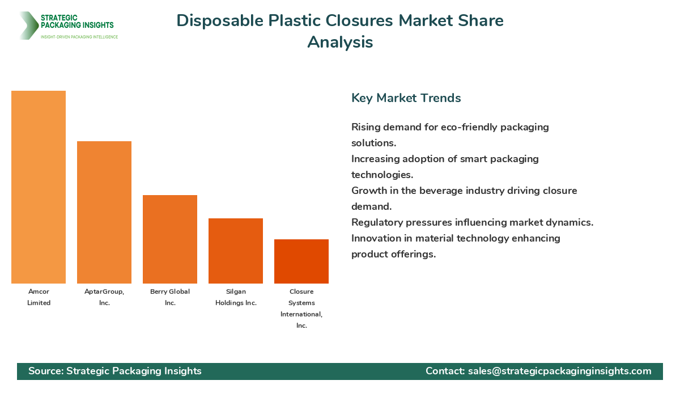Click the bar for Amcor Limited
(x=39, y=187)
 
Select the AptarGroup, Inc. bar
(x=104, y=213)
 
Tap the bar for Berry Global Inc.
(x=170, y=239)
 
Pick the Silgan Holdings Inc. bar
(x=236, y=251)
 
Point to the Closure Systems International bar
(x=301, y=261)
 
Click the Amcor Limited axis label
(x=39, y=297)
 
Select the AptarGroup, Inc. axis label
(x=104, y=297)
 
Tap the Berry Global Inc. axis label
(x=170, y=297)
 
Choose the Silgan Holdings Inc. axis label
(x=236, y=297)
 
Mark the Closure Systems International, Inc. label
(x=301, y=309)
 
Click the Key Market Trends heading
(x=406, y=98)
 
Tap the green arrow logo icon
(x=28, y=26)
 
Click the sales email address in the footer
(x=559, y=371)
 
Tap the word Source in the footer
(x=45, y=371)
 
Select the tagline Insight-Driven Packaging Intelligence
(x=79, y=37)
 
